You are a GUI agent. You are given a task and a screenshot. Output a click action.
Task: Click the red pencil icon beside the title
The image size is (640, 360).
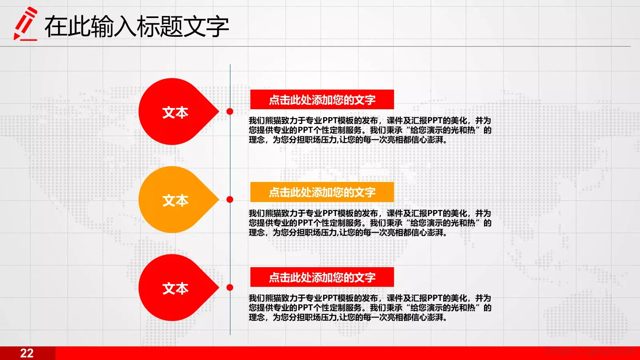point(25,24)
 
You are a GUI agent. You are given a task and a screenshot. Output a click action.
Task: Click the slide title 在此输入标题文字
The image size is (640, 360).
point(136,26)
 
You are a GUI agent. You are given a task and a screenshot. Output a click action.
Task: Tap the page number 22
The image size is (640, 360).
point(27,353)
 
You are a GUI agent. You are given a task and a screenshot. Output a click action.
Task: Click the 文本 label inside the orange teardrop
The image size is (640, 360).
point(175,200)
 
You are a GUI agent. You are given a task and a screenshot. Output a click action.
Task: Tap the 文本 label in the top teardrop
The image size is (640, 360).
point(175,112)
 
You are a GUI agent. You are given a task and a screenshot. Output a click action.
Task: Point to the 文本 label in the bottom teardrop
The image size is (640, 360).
point(175,288)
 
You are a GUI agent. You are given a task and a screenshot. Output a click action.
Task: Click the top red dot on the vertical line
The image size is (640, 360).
point(230,111)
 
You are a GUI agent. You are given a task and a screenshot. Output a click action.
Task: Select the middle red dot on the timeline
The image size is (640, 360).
point(230,199)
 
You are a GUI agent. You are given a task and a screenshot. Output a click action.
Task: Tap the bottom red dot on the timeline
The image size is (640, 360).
point(230,287)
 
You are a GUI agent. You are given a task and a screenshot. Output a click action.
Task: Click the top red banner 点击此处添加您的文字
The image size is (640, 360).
point(322,100)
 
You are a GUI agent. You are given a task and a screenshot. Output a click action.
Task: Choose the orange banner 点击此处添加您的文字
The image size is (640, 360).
point(322,192)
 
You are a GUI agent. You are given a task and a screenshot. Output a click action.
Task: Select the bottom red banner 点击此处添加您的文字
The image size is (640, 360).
point(322,277)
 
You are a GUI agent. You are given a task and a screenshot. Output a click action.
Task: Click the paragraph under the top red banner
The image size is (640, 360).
point(370,130)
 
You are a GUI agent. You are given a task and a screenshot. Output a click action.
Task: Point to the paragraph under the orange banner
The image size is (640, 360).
point(370,223)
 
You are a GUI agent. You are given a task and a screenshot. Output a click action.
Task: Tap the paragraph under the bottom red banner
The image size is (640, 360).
point(370,308)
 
